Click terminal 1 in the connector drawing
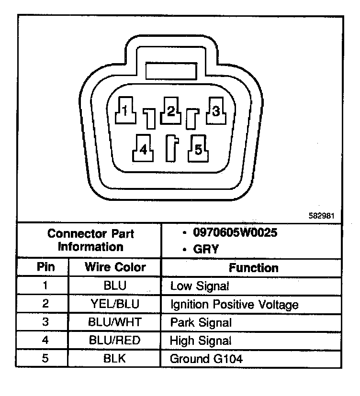(124, 111)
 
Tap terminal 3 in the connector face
(216, 111)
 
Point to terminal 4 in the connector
(143, 150)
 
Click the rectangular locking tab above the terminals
(171, 71)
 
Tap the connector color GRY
(206, 249)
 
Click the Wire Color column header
(115, 267)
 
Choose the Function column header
(254, 267)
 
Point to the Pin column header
(45, 267)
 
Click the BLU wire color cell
(115, 286)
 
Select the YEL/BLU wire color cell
(115, 304)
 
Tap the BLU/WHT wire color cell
(115, 322)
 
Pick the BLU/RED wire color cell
(115, 341)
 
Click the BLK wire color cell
(115, 358)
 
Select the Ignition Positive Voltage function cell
(234, 305)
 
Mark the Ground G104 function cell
(206, 359)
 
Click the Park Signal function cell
(201, 323)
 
